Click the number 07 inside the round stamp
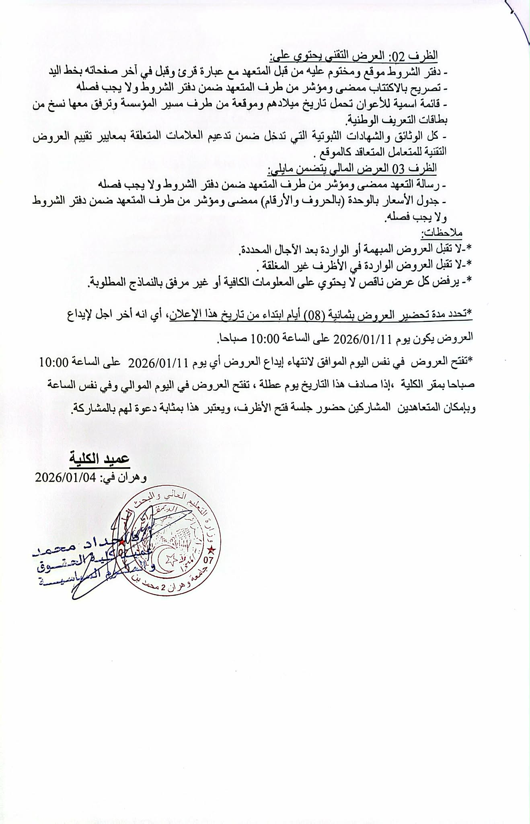(x=210, y=559)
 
